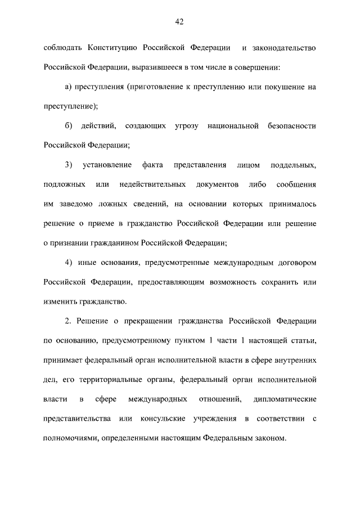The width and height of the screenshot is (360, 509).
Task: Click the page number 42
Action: (x=179, y=22)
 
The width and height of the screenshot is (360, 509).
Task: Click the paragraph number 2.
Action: (x=67, y=321)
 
